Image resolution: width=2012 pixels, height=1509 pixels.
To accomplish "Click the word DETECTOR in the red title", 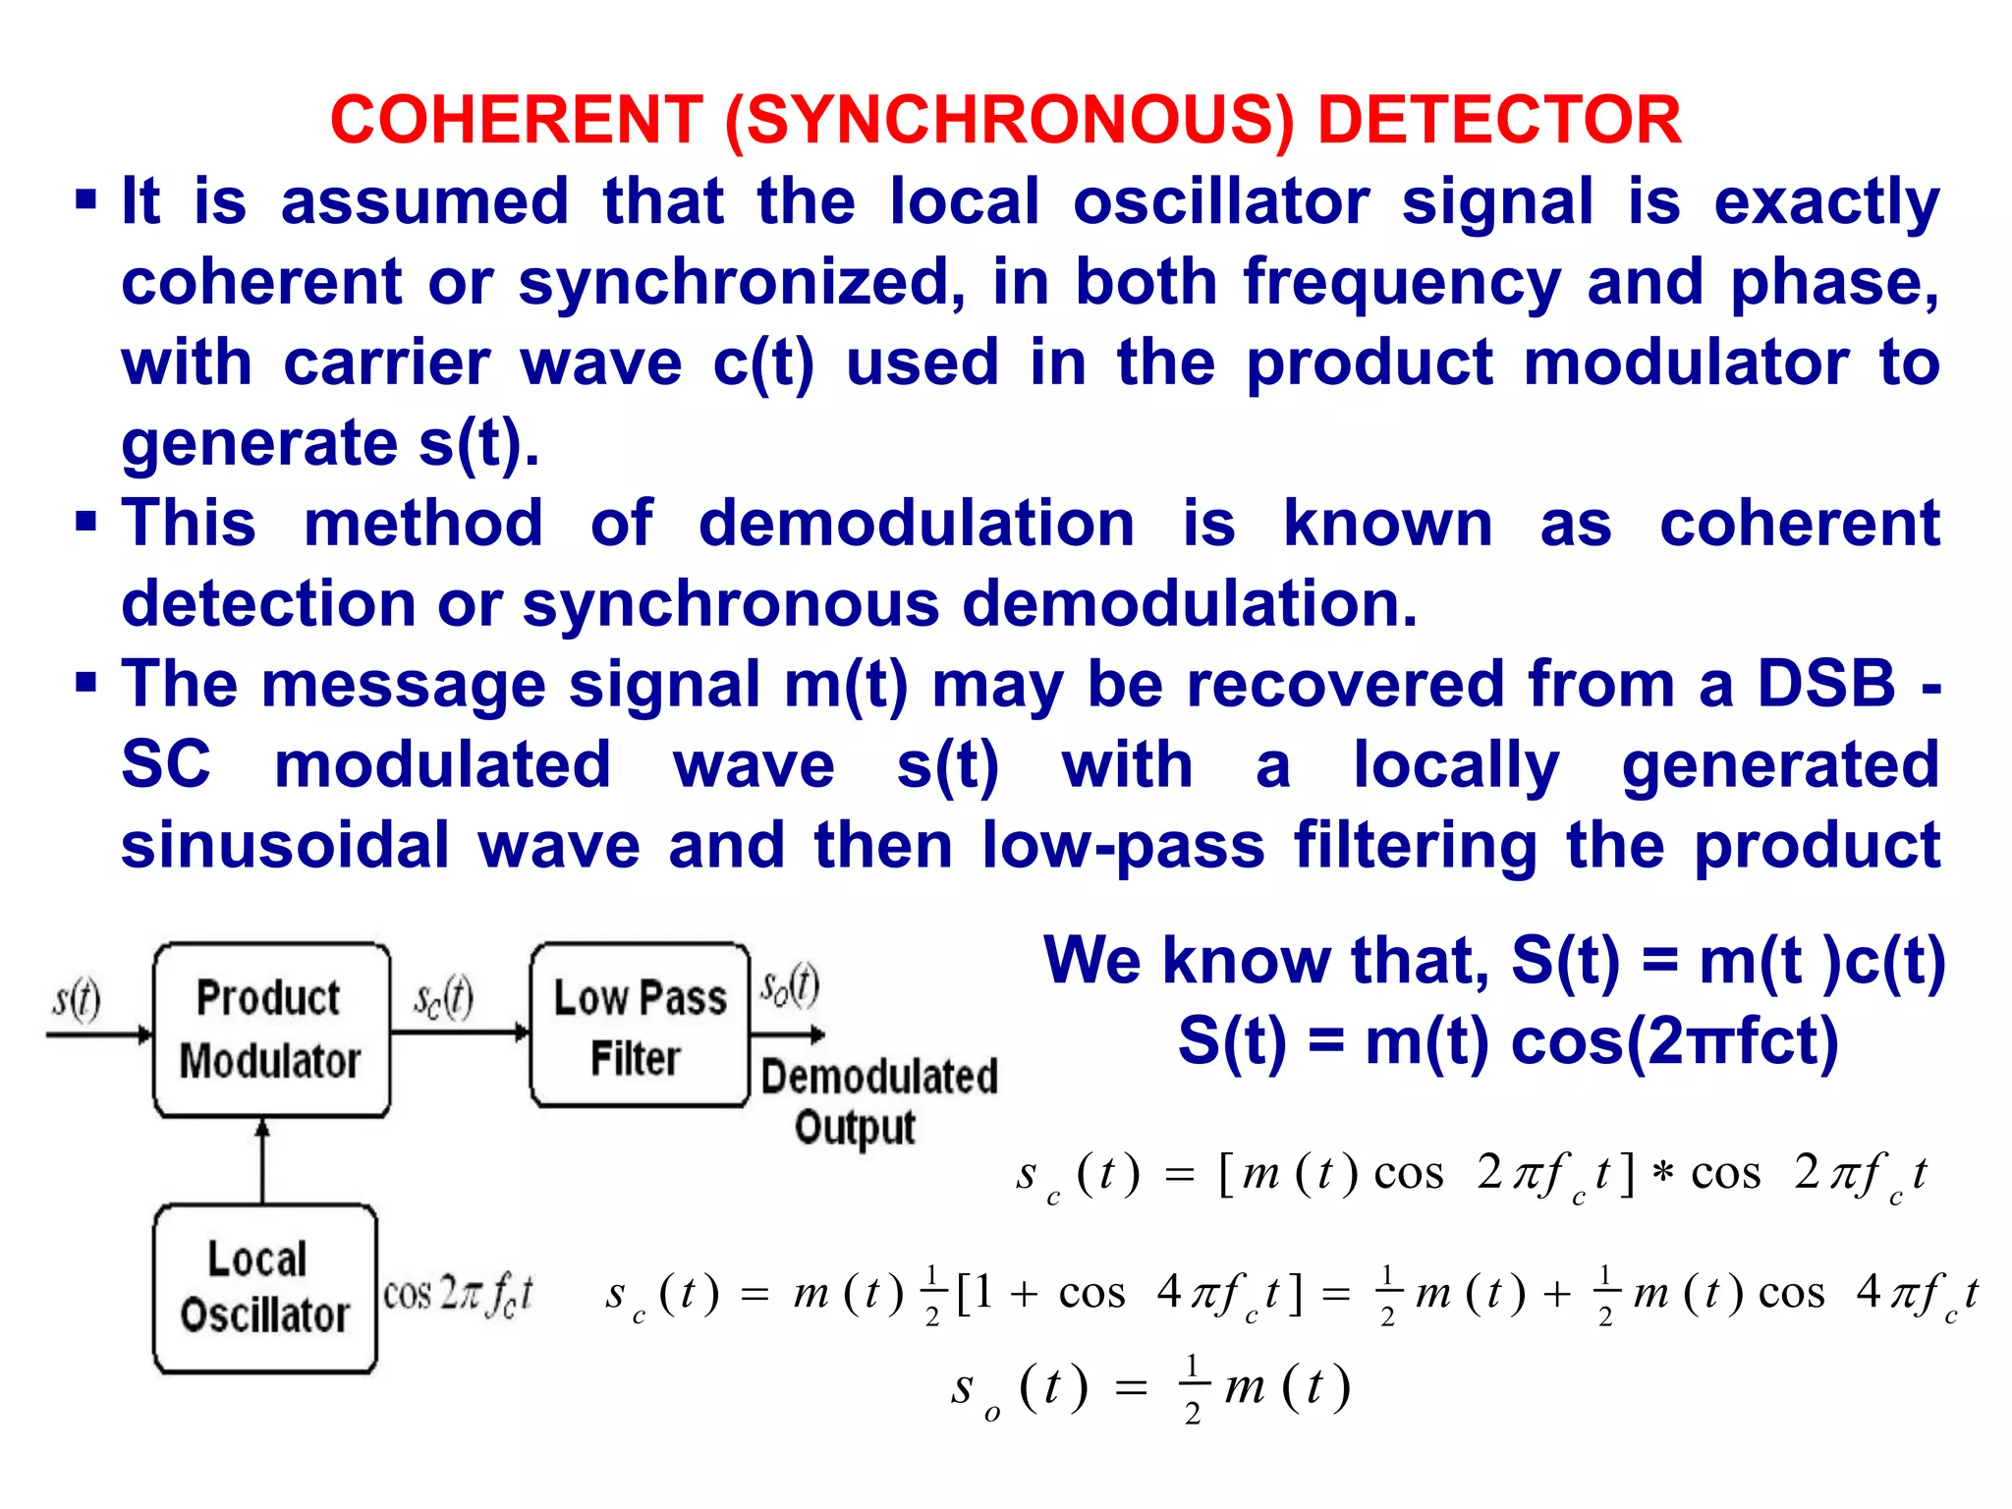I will pos(1499,121).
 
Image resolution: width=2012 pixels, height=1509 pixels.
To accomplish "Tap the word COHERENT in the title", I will pos(517,121).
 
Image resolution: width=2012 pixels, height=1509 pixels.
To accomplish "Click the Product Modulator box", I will pos(270,1030).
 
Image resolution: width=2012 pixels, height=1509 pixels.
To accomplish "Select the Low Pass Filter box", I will pos(640,1026).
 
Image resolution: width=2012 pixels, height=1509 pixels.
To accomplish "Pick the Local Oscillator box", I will pos(264,1288).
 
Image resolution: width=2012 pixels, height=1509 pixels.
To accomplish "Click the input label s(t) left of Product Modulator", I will pos(77,999).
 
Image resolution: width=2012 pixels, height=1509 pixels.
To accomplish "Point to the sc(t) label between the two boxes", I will pos(443,999).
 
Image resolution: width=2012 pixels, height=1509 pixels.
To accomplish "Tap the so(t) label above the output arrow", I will pos(790,985).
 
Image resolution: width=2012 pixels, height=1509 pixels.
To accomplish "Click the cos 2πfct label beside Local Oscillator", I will pos(458,1294).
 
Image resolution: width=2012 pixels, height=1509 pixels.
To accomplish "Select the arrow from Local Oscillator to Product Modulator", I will pos(262,1161).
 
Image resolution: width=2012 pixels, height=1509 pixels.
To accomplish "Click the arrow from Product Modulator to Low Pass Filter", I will pos(460,1033).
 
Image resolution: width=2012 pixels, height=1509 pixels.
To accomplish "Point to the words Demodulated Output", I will pos(877,1100).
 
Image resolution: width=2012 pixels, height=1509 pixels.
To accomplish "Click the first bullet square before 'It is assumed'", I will pos(86,201).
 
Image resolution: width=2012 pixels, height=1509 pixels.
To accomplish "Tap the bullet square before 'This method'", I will pos(86,523).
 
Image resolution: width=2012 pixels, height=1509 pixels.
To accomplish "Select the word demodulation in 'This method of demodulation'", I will pos(916,523).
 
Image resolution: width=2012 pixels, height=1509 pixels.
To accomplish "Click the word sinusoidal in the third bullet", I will pos(285,846).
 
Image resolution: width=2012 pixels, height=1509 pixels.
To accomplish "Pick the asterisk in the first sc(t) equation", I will pos(1661,1175).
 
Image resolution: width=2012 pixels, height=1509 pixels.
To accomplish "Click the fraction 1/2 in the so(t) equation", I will pos(1192,1389).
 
